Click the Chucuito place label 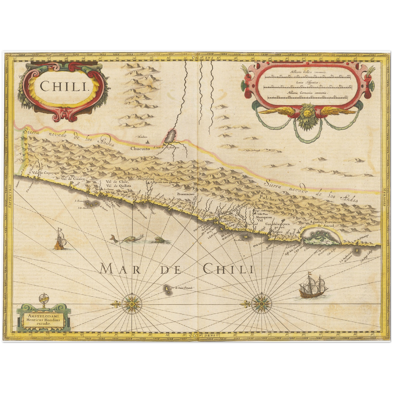pyautogui.click(x=140, y=148)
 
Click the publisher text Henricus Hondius pyautogui.click(x=44, y=320)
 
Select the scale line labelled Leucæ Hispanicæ pyautogui.click(x=308, y=87)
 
